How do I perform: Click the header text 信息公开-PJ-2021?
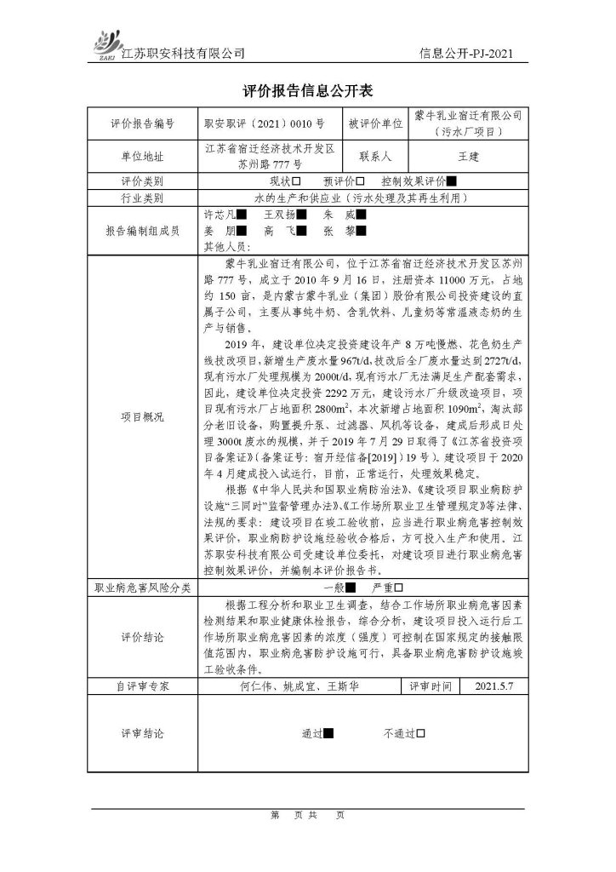click(467, 53)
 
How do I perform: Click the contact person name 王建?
click(469, 158)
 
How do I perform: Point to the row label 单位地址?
click(142, 158)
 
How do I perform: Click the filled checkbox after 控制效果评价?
click(452, 181)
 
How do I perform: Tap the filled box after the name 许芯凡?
click(242, 215)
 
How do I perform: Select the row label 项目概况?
click(142, 417)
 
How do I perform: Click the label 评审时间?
click(427, 684)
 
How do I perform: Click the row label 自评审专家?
click(142, 684)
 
